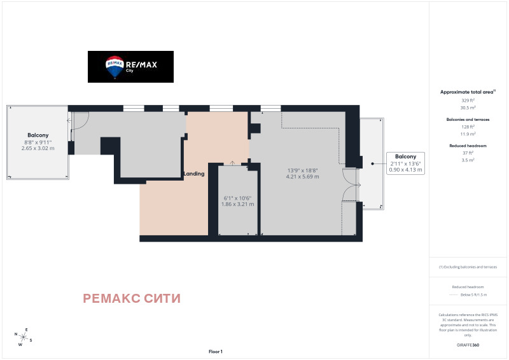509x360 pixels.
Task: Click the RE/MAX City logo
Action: click(130, 66)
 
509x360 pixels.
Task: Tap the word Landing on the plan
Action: click(193, 174)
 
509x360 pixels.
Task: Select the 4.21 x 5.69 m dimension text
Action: click(303, 176)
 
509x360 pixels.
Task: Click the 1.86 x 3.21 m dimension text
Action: click(238, 204)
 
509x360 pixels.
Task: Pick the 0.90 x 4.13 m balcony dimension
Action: click(405, 170)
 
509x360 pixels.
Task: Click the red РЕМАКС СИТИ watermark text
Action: click(132, 298)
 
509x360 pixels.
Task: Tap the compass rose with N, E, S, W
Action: click(22, 336)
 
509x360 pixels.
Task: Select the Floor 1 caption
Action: click(216, 351)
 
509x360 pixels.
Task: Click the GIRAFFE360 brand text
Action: click(468, 344)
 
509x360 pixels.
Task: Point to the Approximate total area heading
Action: click(468, 92)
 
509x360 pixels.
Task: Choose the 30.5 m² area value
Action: click(468, 107)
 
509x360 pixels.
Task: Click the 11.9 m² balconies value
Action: click(468, 134)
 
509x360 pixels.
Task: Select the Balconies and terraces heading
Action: click(468, 119)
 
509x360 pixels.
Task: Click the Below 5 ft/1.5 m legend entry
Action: click(473, 295)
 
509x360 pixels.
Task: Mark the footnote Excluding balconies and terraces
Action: click(468, 267)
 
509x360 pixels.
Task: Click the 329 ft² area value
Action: click(468, 100)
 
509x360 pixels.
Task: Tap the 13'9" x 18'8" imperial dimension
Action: click(303, 170)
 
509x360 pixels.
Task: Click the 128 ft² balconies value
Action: click(468, 127)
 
